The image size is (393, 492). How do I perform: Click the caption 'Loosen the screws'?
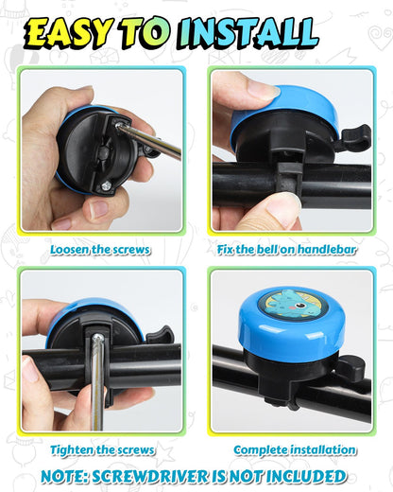101,251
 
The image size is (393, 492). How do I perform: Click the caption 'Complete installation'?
296,449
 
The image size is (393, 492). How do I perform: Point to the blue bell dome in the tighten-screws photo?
94,317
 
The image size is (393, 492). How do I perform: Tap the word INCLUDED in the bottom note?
303,476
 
